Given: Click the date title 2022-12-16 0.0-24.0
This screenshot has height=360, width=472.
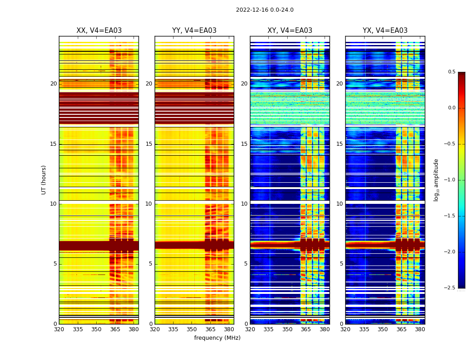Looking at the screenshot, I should coord(264,10).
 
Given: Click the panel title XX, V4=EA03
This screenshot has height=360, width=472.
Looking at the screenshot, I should coord(99,31).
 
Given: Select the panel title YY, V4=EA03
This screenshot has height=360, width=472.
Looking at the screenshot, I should coord(194,31).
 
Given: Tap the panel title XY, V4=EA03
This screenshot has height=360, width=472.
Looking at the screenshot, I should coord(289,31).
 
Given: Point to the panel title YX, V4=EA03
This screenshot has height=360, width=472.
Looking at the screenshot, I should coord(385,31).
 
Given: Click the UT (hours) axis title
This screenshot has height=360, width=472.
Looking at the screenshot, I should coord(44,180).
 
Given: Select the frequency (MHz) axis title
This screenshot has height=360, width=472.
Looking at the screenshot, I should coord(217,338).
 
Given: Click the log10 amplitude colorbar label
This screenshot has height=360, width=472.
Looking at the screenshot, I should coord(436,180).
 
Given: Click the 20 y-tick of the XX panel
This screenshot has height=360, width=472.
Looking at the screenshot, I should coord(53,84).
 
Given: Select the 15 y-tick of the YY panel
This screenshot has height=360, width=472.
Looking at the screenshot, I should coord(149,144).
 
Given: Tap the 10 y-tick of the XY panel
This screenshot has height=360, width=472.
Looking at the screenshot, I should coord(244,204).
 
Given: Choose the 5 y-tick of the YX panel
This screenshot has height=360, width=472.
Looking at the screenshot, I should coord(341,264).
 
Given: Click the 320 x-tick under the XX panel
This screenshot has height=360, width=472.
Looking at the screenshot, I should coord(59,329).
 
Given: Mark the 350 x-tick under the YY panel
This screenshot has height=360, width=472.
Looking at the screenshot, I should coord(192,329).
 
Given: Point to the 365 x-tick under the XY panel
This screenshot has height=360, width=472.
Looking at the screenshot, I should coord(306,329).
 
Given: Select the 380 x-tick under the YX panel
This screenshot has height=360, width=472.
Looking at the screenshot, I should coord(420,329).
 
